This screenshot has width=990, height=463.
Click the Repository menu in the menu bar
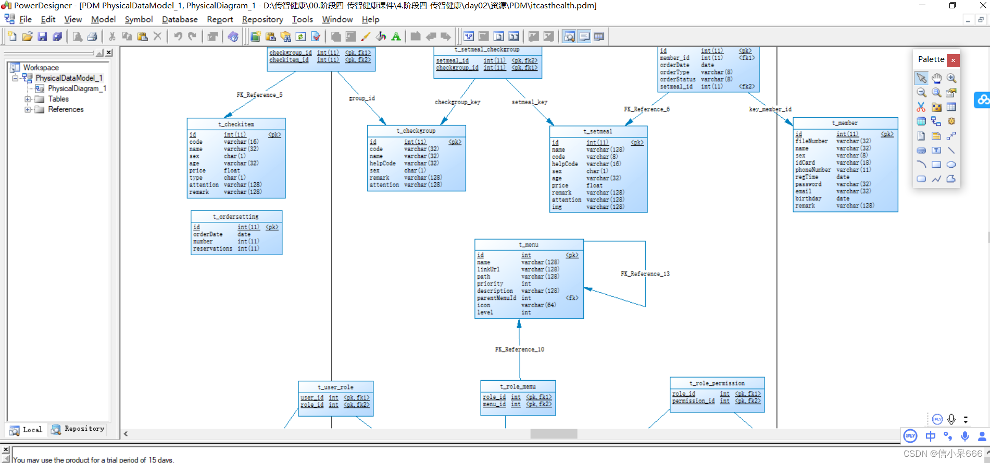(262, 19)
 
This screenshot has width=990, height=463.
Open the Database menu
(180, 19)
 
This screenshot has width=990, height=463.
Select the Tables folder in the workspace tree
(58, 99)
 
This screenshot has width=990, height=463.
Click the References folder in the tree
(66, 109)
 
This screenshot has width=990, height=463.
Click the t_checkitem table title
(236, 124)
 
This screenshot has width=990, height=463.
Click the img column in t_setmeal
(557, 207)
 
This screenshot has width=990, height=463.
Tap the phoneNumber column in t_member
(812, 170)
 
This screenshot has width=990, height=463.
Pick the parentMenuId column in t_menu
(496, 298)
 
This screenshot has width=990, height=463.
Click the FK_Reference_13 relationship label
(645, 274)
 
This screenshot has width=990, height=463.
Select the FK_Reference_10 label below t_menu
(519, 349)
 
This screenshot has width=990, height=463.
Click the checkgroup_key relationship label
(457, 102)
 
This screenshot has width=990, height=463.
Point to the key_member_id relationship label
(770, 109)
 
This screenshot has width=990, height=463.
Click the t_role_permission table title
(717, 383)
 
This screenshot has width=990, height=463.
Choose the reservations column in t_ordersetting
(212, 248)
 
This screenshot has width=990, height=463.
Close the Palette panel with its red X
(953, 60)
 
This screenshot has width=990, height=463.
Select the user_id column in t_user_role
(311, 398)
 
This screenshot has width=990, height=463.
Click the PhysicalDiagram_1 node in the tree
(77, 89)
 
